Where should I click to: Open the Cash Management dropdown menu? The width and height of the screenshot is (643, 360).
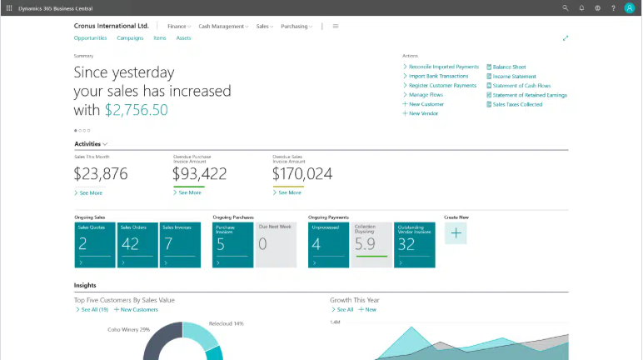click(222, 26)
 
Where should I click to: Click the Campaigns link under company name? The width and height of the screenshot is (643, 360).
click(130, 38)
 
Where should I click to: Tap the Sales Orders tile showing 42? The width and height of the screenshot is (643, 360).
click(137, 244)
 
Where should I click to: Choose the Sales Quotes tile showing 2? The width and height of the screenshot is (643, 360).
click(94, 244)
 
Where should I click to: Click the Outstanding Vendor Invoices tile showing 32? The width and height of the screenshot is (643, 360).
click(415, 244)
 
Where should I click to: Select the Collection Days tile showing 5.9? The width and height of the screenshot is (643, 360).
click(371, 244)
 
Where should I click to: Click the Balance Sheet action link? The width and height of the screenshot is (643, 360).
click(509, 67)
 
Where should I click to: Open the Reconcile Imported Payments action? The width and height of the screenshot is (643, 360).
click(443, 67)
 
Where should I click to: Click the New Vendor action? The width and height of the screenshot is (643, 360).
click(423, 113)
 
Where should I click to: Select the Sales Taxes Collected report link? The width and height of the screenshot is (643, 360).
click(517, 104)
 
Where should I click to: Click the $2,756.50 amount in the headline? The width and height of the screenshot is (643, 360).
click(136, 110)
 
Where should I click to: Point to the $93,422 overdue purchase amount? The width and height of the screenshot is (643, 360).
click(199, 173)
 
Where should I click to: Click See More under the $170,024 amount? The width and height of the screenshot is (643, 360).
click(289, 192)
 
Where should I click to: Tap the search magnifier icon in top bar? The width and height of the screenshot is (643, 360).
click(566, 7)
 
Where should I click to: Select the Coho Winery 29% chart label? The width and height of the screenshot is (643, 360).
click(128, 329)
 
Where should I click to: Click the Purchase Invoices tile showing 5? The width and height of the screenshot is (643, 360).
click(232, 244)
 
